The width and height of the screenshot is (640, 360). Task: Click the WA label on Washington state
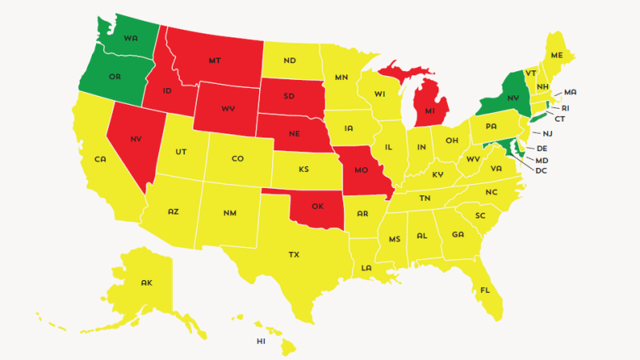coord(130,37)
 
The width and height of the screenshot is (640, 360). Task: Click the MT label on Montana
coord(214,60)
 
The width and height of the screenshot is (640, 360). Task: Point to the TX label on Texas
coord(294,254)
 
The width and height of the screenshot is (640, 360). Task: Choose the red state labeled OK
coord(318,206)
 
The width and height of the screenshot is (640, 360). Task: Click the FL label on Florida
coord(486,290)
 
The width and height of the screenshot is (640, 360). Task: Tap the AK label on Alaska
coord(146,282)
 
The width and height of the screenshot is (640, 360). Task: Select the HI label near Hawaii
coord(261,341)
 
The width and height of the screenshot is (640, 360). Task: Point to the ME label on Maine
coord(557,54)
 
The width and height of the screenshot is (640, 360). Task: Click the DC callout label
coord(542,170)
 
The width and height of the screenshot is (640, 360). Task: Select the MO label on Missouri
coord(360,171)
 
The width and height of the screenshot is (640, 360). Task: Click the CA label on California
coord(100,159)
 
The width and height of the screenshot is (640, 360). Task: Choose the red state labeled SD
coord(289,97)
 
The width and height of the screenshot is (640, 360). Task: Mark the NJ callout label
coord(548,134)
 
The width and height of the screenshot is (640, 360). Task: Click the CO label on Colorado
coord(237,158)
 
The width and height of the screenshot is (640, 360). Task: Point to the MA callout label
coord(570,93)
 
